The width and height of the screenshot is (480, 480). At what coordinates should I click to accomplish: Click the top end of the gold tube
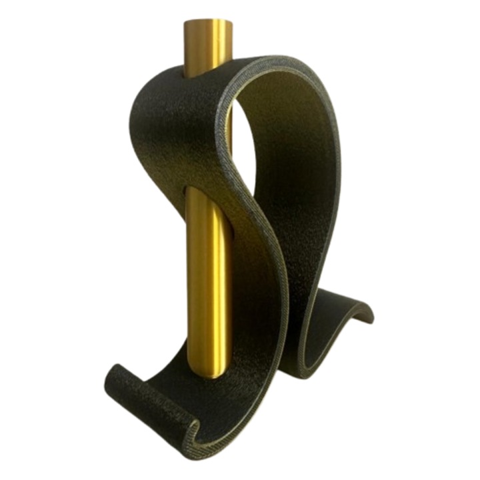click(x=208, y=27)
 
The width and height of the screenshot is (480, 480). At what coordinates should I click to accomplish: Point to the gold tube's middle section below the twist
click(x=207, y=280)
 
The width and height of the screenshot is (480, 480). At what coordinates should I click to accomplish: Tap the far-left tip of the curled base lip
click(x=108, y=380)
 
